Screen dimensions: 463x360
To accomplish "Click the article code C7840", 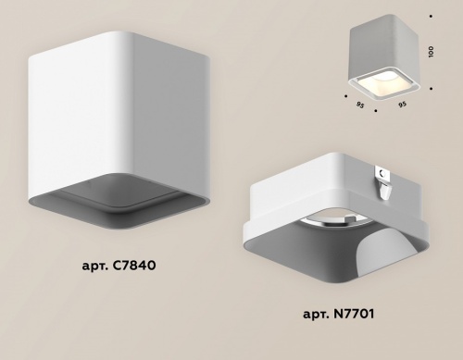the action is click(x=134, y=265).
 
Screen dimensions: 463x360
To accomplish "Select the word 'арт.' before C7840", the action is click(x=95, y=266).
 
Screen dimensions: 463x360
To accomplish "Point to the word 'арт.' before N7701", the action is click(x=316, y=315).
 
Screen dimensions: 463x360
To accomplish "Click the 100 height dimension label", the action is click(x=432, y=51).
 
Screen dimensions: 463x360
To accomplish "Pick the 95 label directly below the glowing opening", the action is click(x=402, y=105).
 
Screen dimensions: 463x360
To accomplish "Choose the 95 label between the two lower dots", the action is click(x=360, y=106).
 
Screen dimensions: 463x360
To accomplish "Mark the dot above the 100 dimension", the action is click(x=431, y=16).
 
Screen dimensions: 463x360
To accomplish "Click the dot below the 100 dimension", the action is click(x=431, y=89).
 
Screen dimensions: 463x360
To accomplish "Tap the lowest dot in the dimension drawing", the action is click(x=376, y=110).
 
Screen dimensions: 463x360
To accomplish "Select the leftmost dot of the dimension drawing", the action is click(x=345, y=96).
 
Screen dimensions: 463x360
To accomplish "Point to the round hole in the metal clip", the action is click(x=382, y=174).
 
